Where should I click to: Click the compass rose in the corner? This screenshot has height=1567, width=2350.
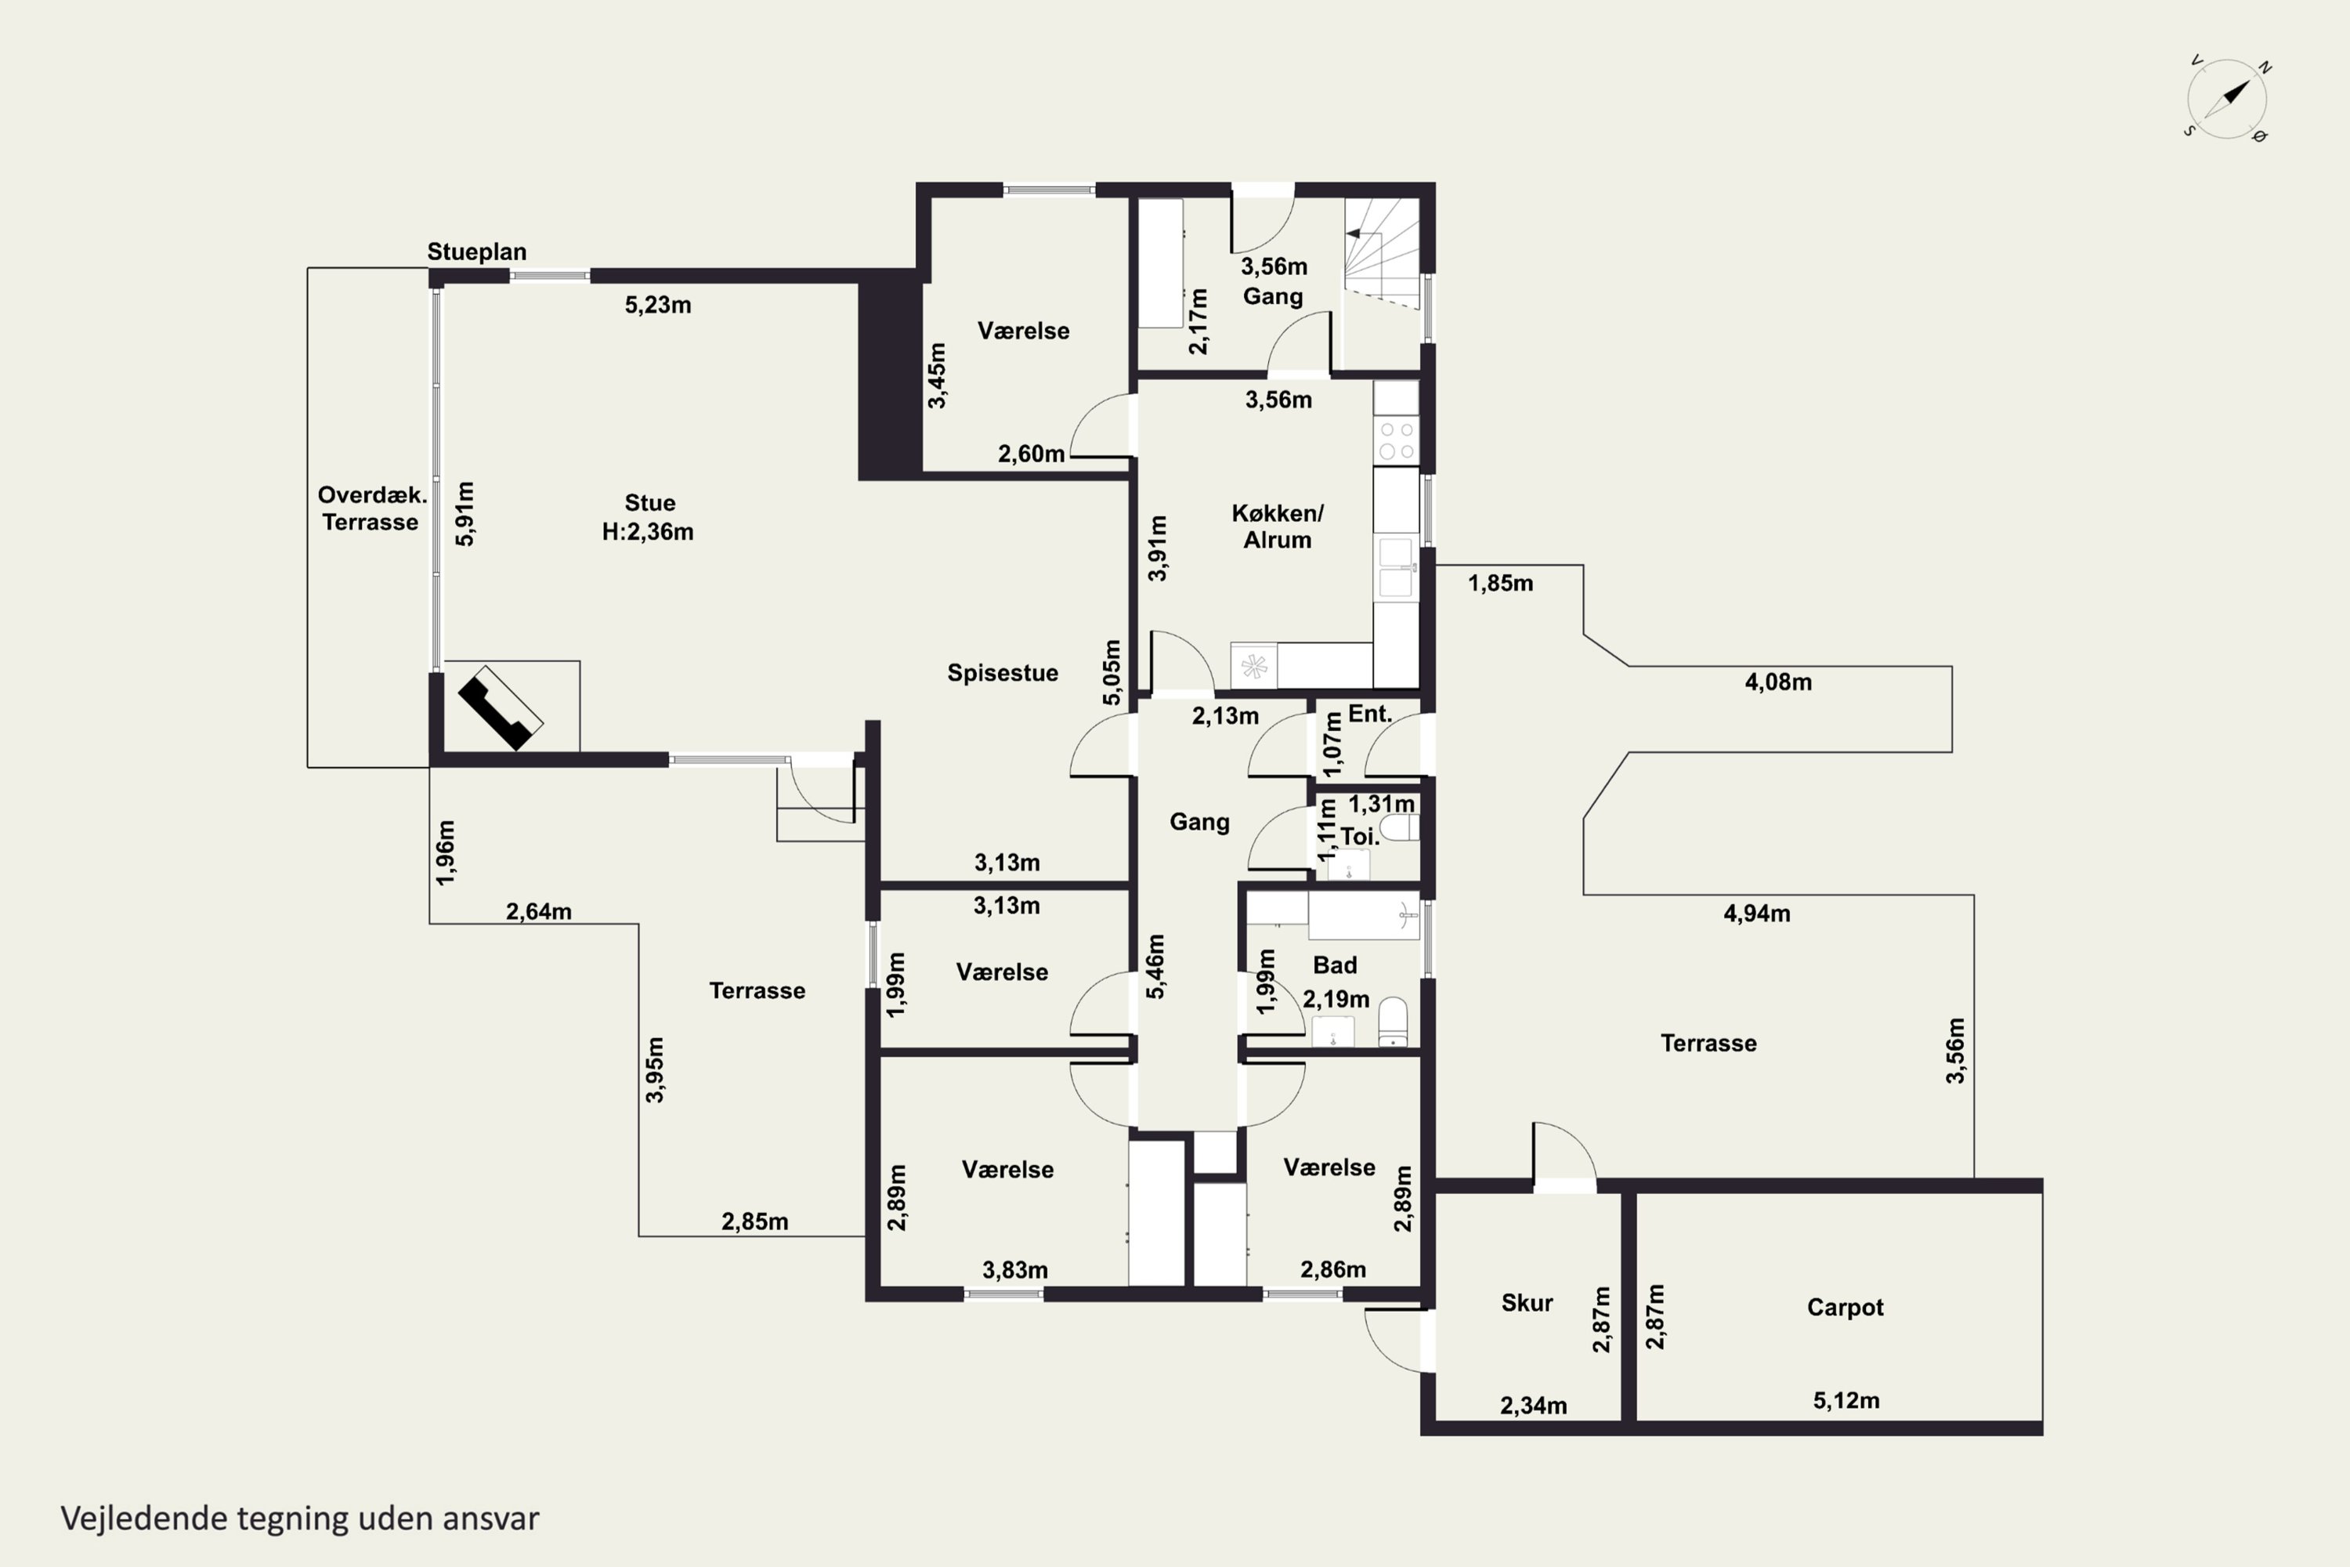2227,99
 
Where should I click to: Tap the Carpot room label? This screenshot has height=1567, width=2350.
1845,1307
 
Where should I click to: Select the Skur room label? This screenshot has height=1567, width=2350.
1527,1302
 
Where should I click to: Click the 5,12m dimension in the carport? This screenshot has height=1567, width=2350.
1846,1400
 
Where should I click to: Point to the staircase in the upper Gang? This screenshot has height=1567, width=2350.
1382,254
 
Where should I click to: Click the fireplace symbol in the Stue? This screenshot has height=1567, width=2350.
501,707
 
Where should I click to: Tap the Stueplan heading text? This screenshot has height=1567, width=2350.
476,252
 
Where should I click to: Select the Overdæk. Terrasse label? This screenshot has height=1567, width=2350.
371,508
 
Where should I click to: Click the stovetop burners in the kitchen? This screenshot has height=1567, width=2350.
1396,440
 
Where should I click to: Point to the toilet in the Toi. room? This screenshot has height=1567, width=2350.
1399,828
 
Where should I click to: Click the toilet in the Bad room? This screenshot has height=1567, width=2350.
1393,1022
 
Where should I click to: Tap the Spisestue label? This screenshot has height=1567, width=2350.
1002,672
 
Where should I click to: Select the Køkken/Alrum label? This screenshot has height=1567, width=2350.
1277,527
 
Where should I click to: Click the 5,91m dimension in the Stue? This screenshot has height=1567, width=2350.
465,514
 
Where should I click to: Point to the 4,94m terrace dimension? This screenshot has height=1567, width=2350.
1756,914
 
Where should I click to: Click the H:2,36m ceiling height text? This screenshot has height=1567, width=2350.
648,532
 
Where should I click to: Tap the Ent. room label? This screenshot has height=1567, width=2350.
1370,714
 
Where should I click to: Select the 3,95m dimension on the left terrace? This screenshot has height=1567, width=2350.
654,1069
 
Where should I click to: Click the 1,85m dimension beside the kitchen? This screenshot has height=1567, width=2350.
1500,584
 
